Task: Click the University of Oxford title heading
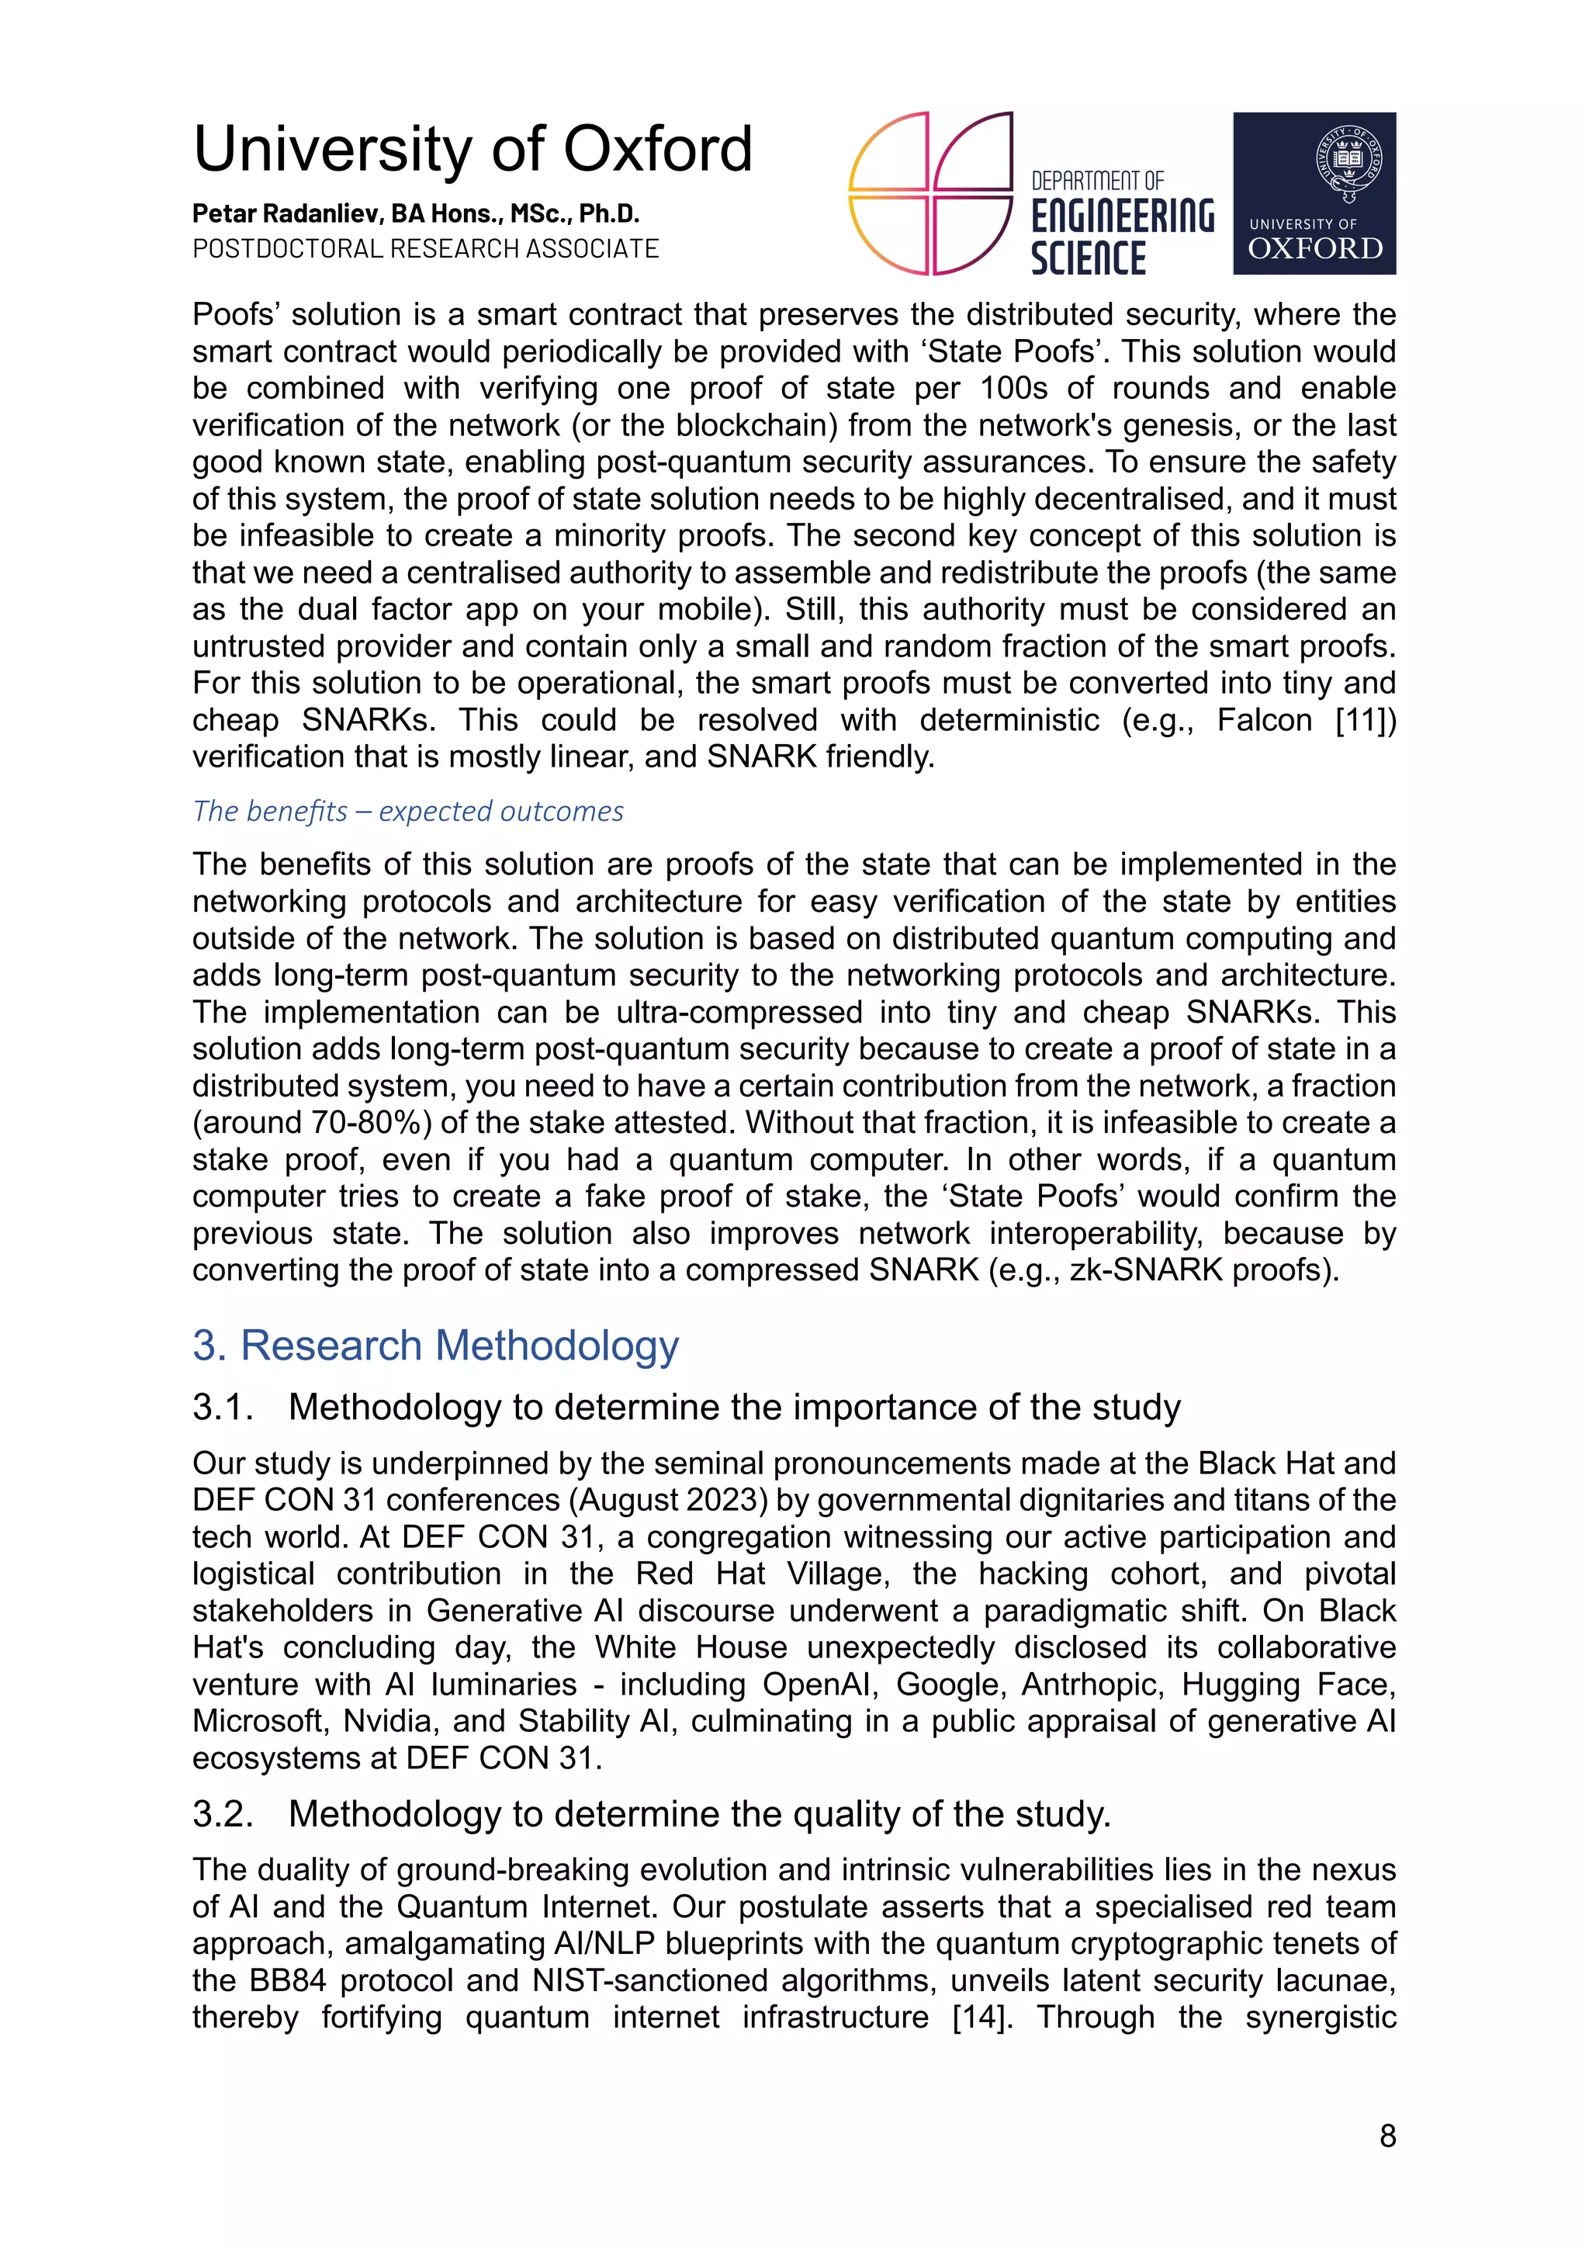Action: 472,149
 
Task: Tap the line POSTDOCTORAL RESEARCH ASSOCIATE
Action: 425,248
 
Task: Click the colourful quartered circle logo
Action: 930,193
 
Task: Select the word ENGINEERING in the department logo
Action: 1122,216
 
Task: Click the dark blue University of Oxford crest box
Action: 1313,193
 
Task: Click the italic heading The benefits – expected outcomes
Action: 407,811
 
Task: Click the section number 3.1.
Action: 223,1407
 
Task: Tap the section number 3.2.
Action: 223,1813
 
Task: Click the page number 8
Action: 1386,2135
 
